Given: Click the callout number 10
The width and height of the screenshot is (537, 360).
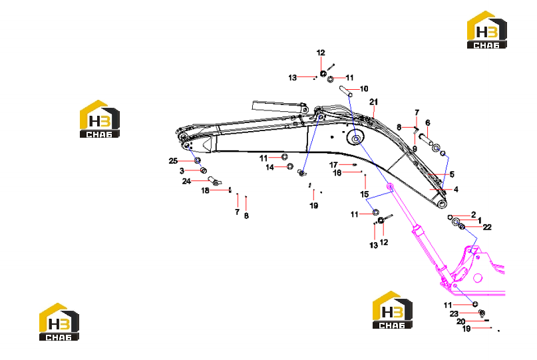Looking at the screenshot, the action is click(x=364, y=89).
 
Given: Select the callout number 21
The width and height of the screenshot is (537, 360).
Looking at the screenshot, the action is click(x=374, y=102).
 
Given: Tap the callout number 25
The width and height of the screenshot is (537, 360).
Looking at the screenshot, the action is click(x=173, y=160).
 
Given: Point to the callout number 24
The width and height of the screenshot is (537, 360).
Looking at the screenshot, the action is click(x=186, y=181).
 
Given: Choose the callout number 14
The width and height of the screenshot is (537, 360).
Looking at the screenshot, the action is click(x=270, y=167).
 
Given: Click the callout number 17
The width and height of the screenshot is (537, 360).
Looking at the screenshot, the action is click(x=333, y=165).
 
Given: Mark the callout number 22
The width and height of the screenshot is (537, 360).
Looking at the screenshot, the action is click(x=487, y=227).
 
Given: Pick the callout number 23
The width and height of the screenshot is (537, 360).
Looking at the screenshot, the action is click(x=454, y=313).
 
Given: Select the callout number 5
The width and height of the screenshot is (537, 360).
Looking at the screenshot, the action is click(x=452, y=174).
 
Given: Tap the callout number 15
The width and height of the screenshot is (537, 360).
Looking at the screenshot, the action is click(x=365, y=194).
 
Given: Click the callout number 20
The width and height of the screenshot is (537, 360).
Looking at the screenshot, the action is click(x=461, y=321).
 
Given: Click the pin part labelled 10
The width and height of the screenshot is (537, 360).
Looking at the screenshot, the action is click(x=345, y=91).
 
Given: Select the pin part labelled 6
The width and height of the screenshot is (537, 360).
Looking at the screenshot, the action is click(x=426, y=140).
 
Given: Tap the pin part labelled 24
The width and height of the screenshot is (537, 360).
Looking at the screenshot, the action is click(x=215, y=180).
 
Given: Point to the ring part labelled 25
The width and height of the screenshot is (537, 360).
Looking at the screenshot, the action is click(x=197, y=160).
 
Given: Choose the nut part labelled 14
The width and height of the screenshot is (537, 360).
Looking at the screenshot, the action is click(x=289, y=166).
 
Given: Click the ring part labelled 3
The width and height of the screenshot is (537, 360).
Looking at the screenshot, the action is click(x=204, y=170).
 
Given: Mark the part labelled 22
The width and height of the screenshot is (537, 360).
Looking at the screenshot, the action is click(x=462, y=226).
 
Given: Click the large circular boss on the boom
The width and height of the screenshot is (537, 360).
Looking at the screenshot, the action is click(x=356, y=138).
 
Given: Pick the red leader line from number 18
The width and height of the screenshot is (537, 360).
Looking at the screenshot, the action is click(x=220, y=190).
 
